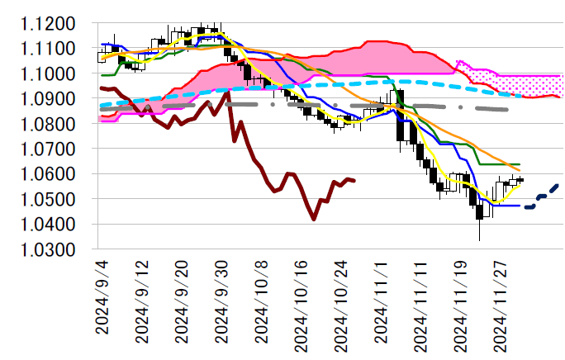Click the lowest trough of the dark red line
pos(314,220)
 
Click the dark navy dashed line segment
pos(543,196)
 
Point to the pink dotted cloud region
pos(529,83)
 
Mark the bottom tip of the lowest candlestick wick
pos(480,240)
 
